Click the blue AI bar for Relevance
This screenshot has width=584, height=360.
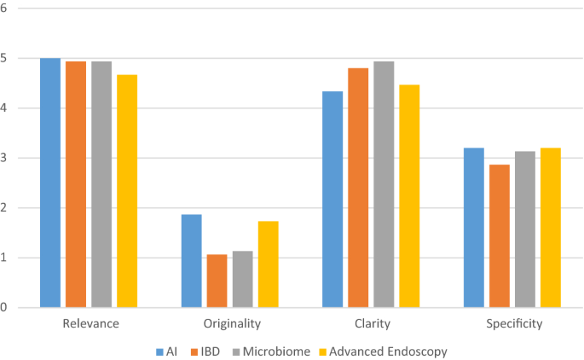point(50,183)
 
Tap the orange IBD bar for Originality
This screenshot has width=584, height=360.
point(217,281)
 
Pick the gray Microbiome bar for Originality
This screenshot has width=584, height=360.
point(242,279)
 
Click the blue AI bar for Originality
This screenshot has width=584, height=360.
point(192,261)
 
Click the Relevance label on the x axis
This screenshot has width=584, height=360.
point(90,324)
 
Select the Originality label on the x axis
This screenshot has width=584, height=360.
point(232,324)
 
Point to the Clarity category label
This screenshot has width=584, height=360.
point(373,324)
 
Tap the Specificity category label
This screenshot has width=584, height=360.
point(514,324)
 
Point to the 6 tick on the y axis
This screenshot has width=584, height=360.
point(4,9)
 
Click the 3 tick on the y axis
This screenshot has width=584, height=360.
point(4,158)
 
